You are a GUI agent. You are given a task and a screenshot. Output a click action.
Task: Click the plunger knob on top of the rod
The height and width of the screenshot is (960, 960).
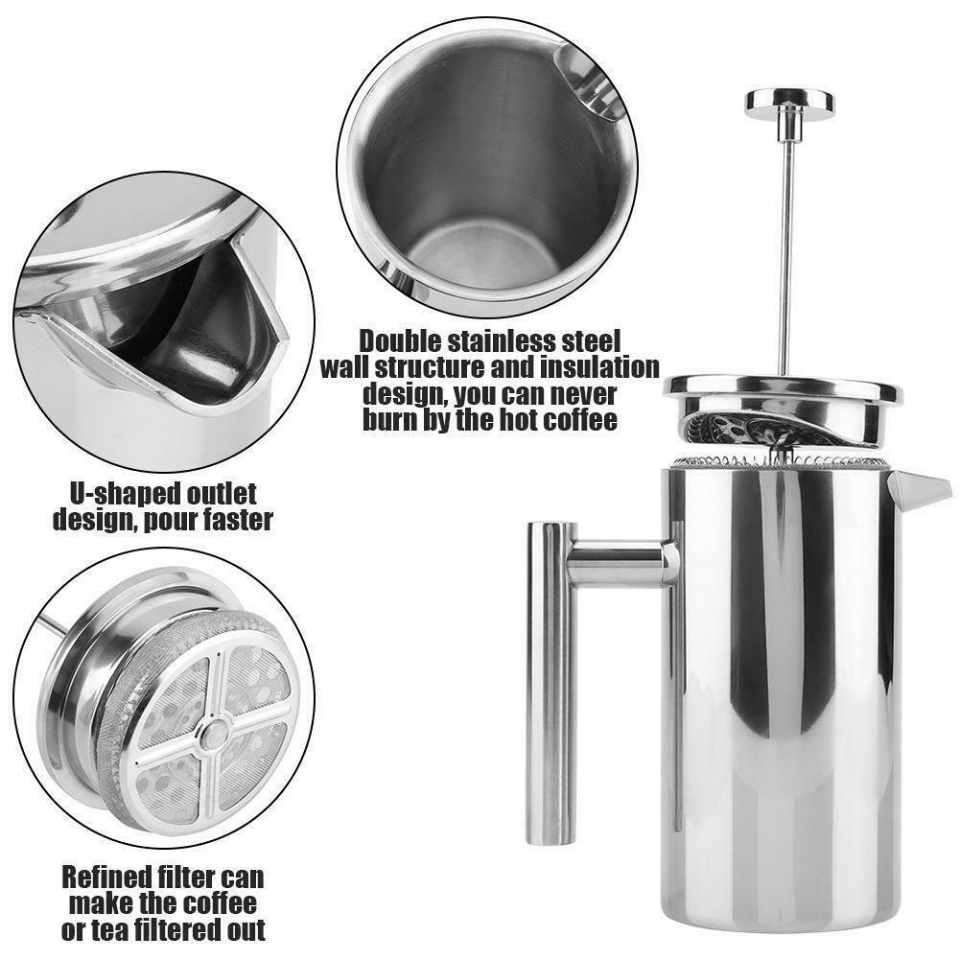(788, 101)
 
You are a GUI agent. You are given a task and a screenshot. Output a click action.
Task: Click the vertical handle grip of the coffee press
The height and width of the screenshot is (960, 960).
(551, 681)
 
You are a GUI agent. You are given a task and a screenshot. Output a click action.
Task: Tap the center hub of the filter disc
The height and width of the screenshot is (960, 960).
(212, 735)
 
